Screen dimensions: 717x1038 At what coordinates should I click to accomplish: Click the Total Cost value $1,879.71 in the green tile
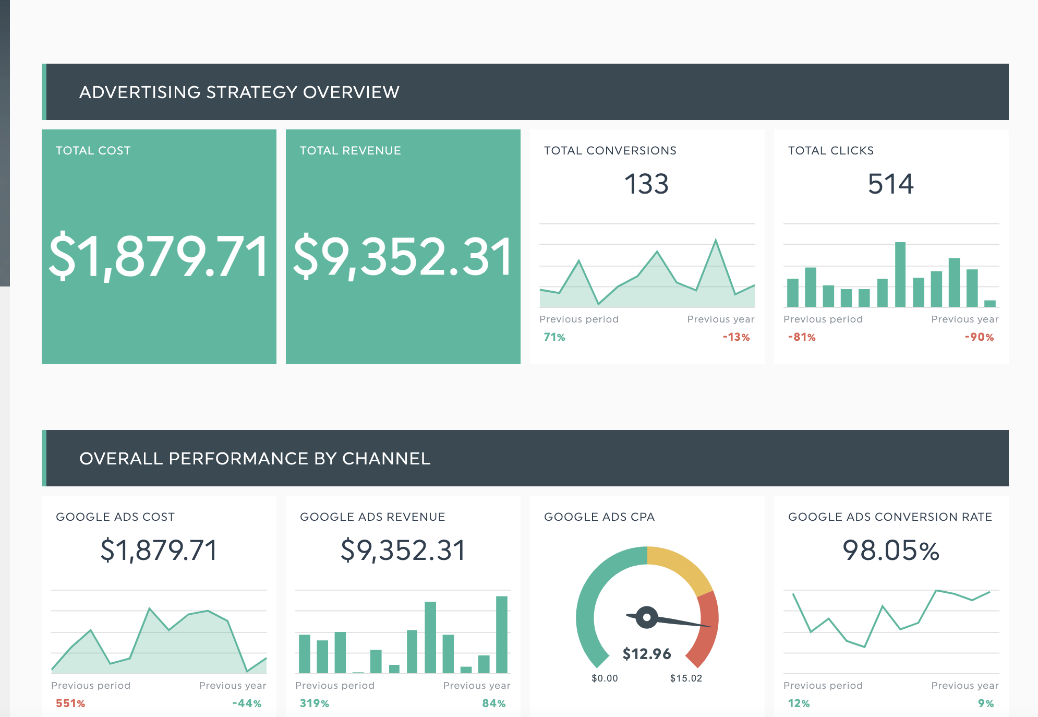pos(159,256)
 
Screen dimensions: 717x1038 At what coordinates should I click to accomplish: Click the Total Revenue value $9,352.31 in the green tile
pos(403,256)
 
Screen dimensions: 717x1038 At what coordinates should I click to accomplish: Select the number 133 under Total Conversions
pos(646,184)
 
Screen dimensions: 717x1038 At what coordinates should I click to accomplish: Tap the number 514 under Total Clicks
pos(890,184)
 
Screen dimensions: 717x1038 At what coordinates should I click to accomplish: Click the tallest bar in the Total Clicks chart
pos(900,274)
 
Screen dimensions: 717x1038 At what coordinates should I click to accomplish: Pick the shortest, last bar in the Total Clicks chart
pos(989,303)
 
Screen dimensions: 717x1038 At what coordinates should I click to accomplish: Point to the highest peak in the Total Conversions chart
pos(715,241)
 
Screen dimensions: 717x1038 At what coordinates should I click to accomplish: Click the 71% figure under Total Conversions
pos(554,337)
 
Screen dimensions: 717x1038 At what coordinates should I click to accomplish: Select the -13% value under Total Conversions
pos(736,337)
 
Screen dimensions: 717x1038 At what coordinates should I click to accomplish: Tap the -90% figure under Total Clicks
pos(979,337)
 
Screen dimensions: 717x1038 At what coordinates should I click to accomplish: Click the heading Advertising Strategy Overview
pos(239,92)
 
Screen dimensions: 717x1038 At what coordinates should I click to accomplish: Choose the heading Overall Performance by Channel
pos(255,459)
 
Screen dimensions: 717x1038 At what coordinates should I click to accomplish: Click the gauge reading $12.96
pos(647,653)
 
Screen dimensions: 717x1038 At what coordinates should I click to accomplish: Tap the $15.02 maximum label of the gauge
pos(686,678)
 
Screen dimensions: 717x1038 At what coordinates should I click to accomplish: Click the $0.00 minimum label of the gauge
pos(605,678)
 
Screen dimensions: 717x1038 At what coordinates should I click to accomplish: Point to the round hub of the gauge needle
pos(647,617)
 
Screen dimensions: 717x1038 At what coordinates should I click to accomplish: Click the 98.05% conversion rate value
pos(890,551)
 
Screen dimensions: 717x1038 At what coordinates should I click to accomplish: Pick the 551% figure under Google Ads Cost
pos(70,703)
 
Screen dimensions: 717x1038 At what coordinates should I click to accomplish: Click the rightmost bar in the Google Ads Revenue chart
pos(501,634)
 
